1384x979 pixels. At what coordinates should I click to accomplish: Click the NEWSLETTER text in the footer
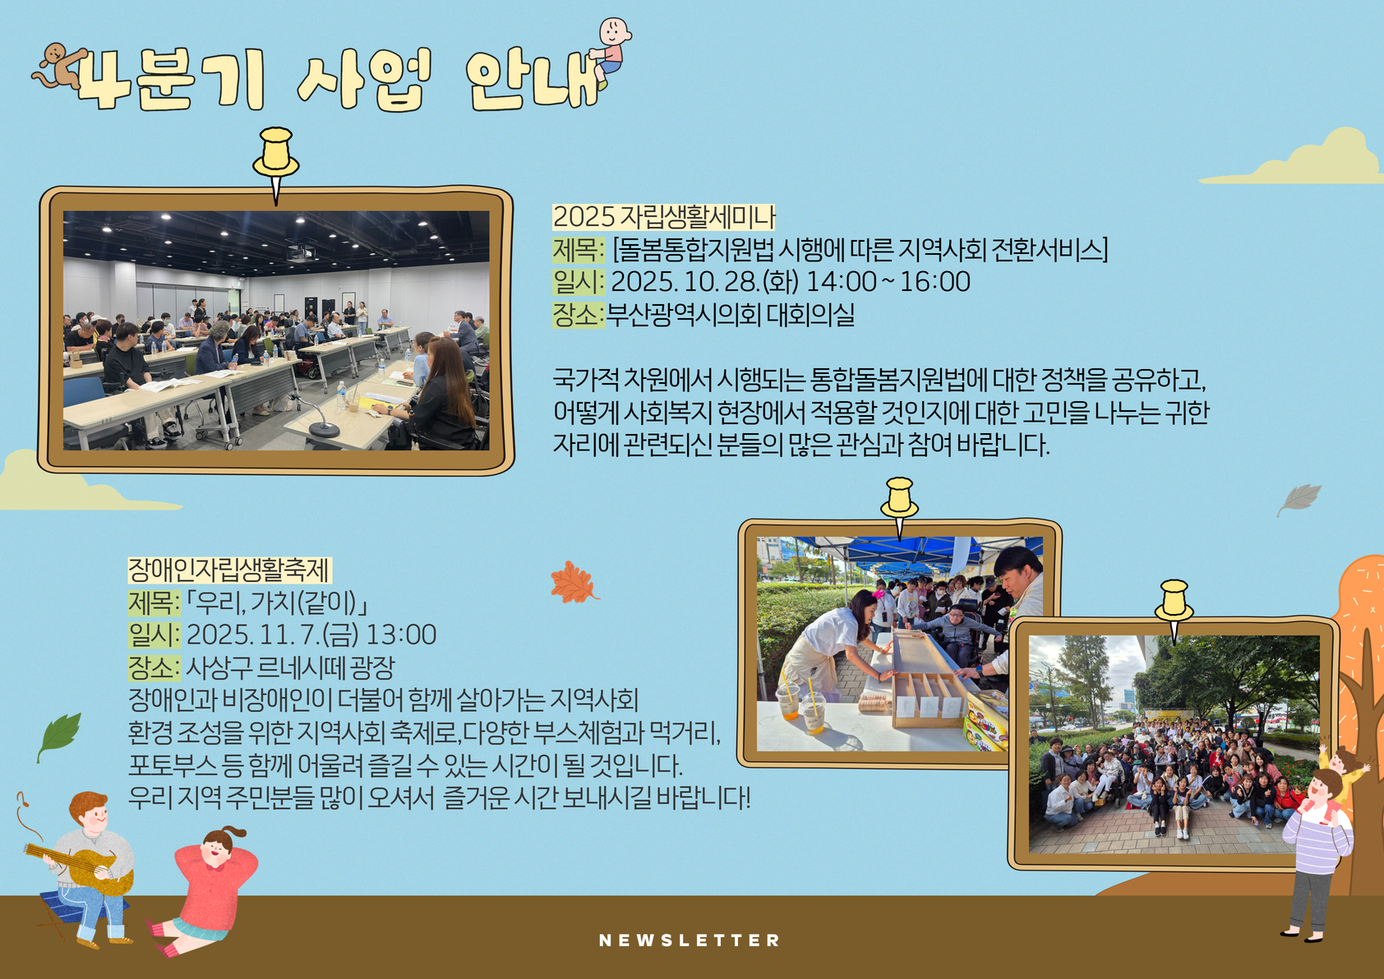click(x=689, y=940)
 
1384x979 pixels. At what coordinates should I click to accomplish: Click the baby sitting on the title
click(x=611, y=53)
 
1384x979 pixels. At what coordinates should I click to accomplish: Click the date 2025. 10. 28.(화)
click(x=705, y=282)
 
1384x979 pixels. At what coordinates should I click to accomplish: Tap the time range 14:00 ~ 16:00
click(x=888, y=282)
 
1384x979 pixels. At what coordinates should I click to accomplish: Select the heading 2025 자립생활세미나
click(x=663, y=217)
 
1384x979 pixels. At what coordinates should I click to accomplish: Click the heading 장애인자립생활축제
click(x=229, y=570)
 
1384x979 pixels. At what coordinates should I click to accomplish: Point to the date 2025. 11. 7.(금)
click(x=273, y=634)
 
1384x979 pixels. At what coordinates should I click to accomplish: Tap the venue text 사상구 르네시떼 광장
click(x=290, y=667)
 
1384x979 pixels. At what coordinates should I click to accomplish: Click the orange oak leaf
click(x=574, y=583)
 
